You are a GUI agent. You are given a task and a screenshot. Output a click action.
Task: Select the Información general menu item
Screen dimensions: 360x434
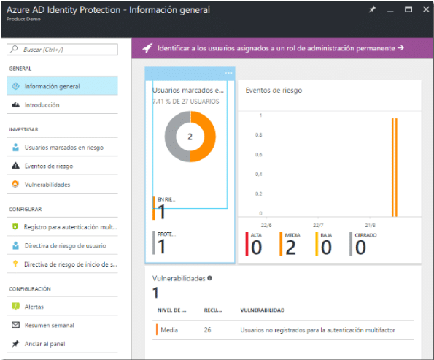pyautogui.click(x=52, y=86)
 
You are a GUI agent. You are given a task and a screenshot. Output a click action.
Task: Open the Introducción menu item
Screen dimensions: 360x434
pyautogui.click(x=42, y=105)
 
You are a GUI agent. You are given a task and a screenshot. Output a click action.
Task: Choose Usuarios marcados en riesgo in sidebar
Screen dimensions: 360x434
pyautogui.click(x=64, y=147)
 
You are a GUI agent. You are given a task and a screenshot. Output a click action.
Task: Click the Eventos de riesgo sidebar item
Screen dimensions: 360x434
pyautogui.click(x=49, y=166)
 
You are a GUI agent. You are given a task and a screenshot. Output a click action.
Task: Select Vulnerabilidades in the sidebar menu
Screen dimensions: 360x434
pyautogui.click(x=47, y=185)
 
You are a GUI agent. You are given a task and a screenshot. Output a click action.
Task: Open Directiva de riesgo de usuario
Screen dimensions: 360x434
pyautogui.click(x=65, y=245)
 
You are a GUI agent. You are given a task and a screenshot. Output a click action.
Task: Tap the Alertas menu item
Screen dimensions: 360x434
pyautogui.click(x=34, y=307)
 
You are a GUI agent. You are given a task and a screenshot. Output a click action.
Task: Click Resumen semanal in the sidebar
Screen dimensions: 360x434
pyautogui.click(x=49, y=325)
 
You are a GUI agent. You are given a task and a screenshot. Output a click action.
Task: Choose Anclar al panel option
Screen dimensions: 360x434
pyautogui.click(x=45, y=343)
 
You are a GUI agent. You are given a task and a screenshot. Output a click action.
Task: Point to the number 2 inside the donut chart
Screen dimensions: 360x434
pyautogui.click(x=190, y=137)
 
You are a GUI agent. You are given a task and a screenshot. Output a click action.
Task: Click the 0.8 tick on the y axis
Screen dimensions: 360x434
pyautogui.click(x=259, y=135)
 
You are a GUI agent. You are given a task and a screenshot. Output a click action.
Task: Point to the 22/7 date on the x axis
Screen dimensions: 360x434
pyautogui.click(x=318, y=225)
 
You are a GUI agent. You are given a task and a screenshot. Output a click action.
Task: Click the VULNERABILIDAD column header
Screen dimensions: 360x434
pyautogui.click(x=262, y=310)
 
